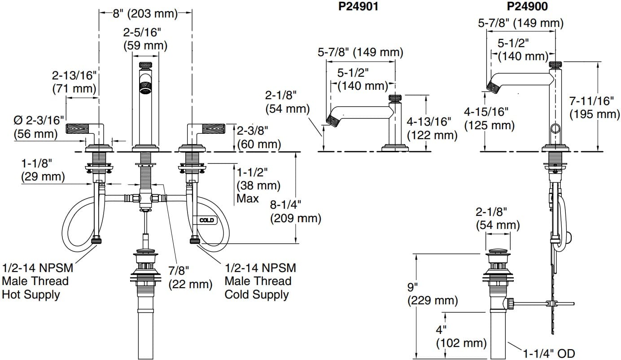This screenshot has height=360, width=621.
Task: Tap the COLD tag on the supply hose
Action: pos(206,220)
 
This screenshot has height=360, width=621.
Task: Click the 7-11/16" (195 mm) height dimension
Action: pos(595,108)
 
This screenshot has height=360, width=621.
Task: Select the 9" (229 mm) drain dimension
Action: pos(432,294)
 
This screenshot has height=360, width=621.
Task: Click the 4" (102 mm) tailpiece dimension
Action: pos(461,337)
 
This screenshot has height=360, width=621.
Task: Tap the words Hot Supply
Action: pos(31,295)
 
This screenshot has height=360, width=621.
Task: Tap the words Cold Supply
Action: pos(257,295)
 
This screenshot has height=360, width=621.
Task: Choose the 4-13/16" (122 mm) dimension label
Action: pos(432,128)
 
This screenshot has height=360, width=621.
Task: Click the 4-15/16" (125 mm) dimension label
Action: pos(489,118)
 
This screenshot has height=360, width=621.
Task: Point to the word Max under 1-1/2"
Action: pos(248,198)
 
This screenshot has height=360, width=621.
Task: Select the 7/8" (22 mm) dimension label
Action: pos(190,277)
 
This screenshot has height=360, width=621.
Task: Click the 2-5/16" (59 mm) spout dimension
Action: pos(145,39)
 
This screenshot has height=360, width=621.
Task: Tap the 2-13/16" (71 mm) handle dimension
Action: pos(74,82)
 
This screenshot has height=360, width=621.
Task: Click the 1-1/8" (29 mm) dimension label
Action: pos(43,170)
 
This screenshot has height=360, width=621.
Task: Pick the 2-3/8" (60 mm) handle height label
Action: pos(258,138)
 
